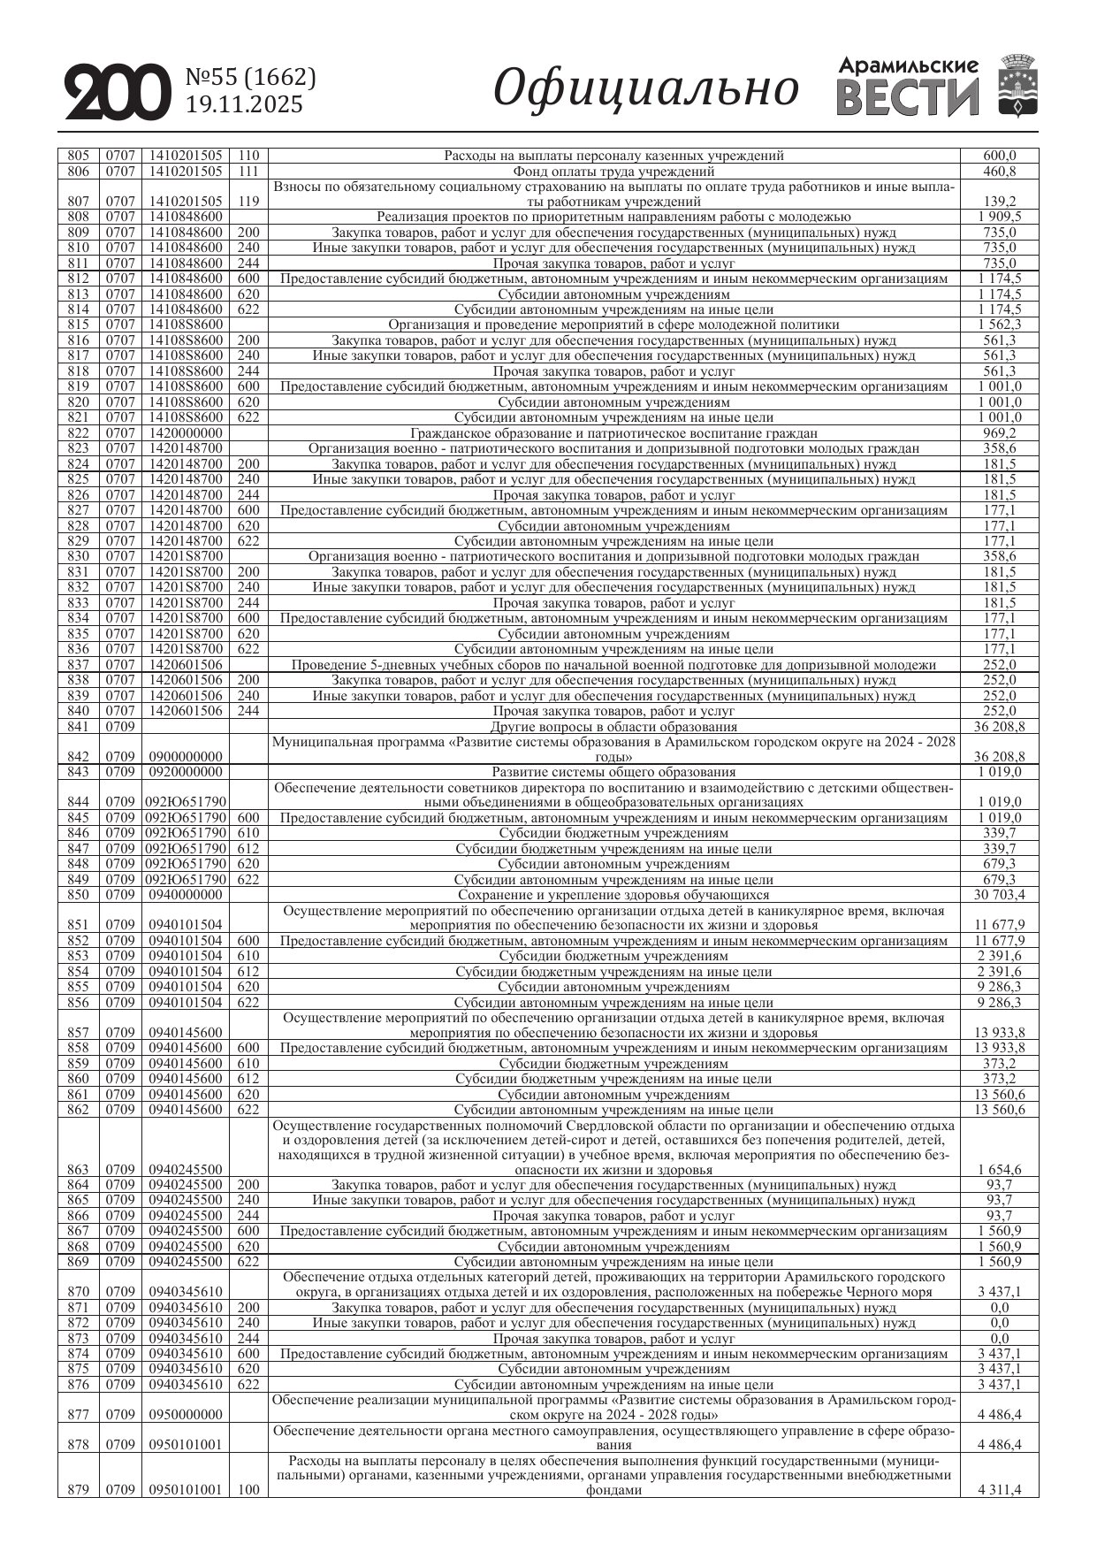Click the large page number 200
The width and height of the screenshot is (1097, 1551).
pos(117,91)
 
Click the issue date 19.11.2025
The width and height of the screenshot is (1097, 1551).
pos(245,105)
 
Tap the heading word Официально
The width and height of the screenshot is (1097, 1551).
pos(645,89)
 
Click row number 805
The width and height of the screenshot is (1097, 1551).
pos(79,156)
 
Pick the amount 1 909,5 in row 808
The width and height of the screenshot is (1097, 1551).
pos(1000,217)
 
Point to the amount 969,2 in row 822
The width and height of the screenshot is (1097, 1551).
pos(1000,433)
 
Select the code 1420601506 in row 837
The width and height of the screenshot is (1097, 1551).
pos(186,665)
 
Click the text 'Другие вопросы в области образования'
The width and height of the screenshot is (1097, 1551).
pos(613,727)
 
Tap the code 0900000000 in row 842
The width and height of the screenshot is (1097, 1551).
pos(186,757)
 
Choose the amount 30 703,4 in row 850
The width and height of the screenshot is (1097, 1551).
pos(1000,895)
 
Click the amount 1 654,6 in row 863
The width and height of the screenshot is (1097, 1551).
pos(1000,1169)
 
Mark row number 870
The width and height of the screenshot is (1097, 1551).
pos(79,1292)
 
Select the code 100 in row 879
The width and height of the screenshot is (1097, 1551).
pos(249,1490)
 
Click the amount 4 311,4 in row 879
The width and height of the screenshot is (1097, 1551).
pos(1000,1490)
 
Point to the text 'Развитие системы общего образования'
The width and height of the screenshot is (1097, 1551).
pos(613,772)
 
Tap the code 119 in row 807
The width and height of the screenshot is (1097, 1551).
pos(249,202)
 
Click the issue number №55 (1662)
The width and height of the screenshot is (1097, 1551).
pos(251,78)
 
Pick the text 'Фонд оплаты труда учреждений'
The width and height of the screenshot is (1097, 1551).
pos(613,172)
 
